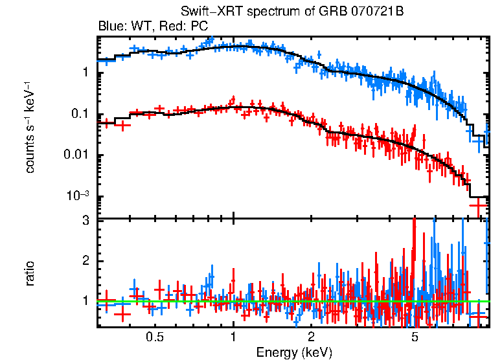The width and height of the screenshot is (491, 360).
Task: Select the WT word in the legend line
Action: (138, 27)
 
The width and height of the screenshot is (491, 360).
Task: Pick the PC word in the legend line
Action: (197, 27)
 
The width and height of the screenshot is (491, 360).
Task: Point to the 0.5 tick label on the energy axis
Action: (154, 337)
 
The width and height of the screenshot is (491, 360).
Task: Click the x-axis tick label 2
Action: (311, 337)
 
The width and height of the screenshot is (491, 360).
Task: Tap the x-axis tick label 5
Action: (415, 337)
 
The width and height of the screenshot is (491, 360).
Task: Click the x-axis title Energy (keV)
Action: (294, 352)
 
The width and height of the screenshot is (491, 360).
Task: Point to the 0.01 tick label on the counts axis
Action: (77, 156)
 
